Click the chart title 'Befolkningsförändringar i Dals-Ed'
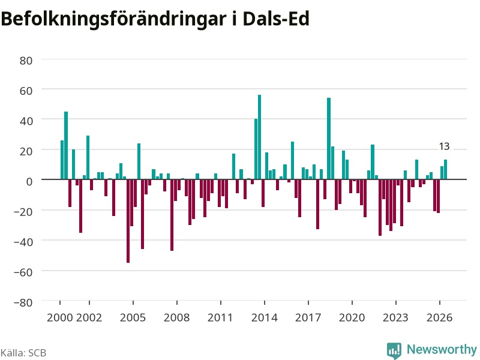(155, 19)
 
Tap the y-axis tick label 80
(26, 61)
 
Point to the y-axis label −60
(23, 272)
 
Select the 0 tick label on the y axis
(29, 182)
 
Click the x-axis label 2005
(133, 317)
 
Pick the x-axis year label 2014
(264, 317)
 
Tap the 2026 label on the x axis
(439, 317)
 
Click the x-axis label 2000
(60, 317)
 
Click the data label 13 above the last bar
(444, 146)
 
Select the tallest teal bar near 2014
(260, 137)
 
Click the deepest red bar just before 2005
(128, 221)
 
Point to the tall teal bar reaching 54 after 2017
(329, 139)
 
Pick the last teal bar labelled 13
(445, 169)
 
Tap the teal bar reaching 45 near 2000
(66, 145)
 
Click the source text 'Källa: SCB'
(23, 353)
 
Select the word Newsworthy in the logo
(442, 349)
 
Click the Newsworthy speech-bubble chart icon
(394, 350)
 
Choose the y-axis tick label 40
(26, 121)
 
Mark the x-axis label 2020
(352, 317)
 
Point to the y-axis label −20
(23, 212)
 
